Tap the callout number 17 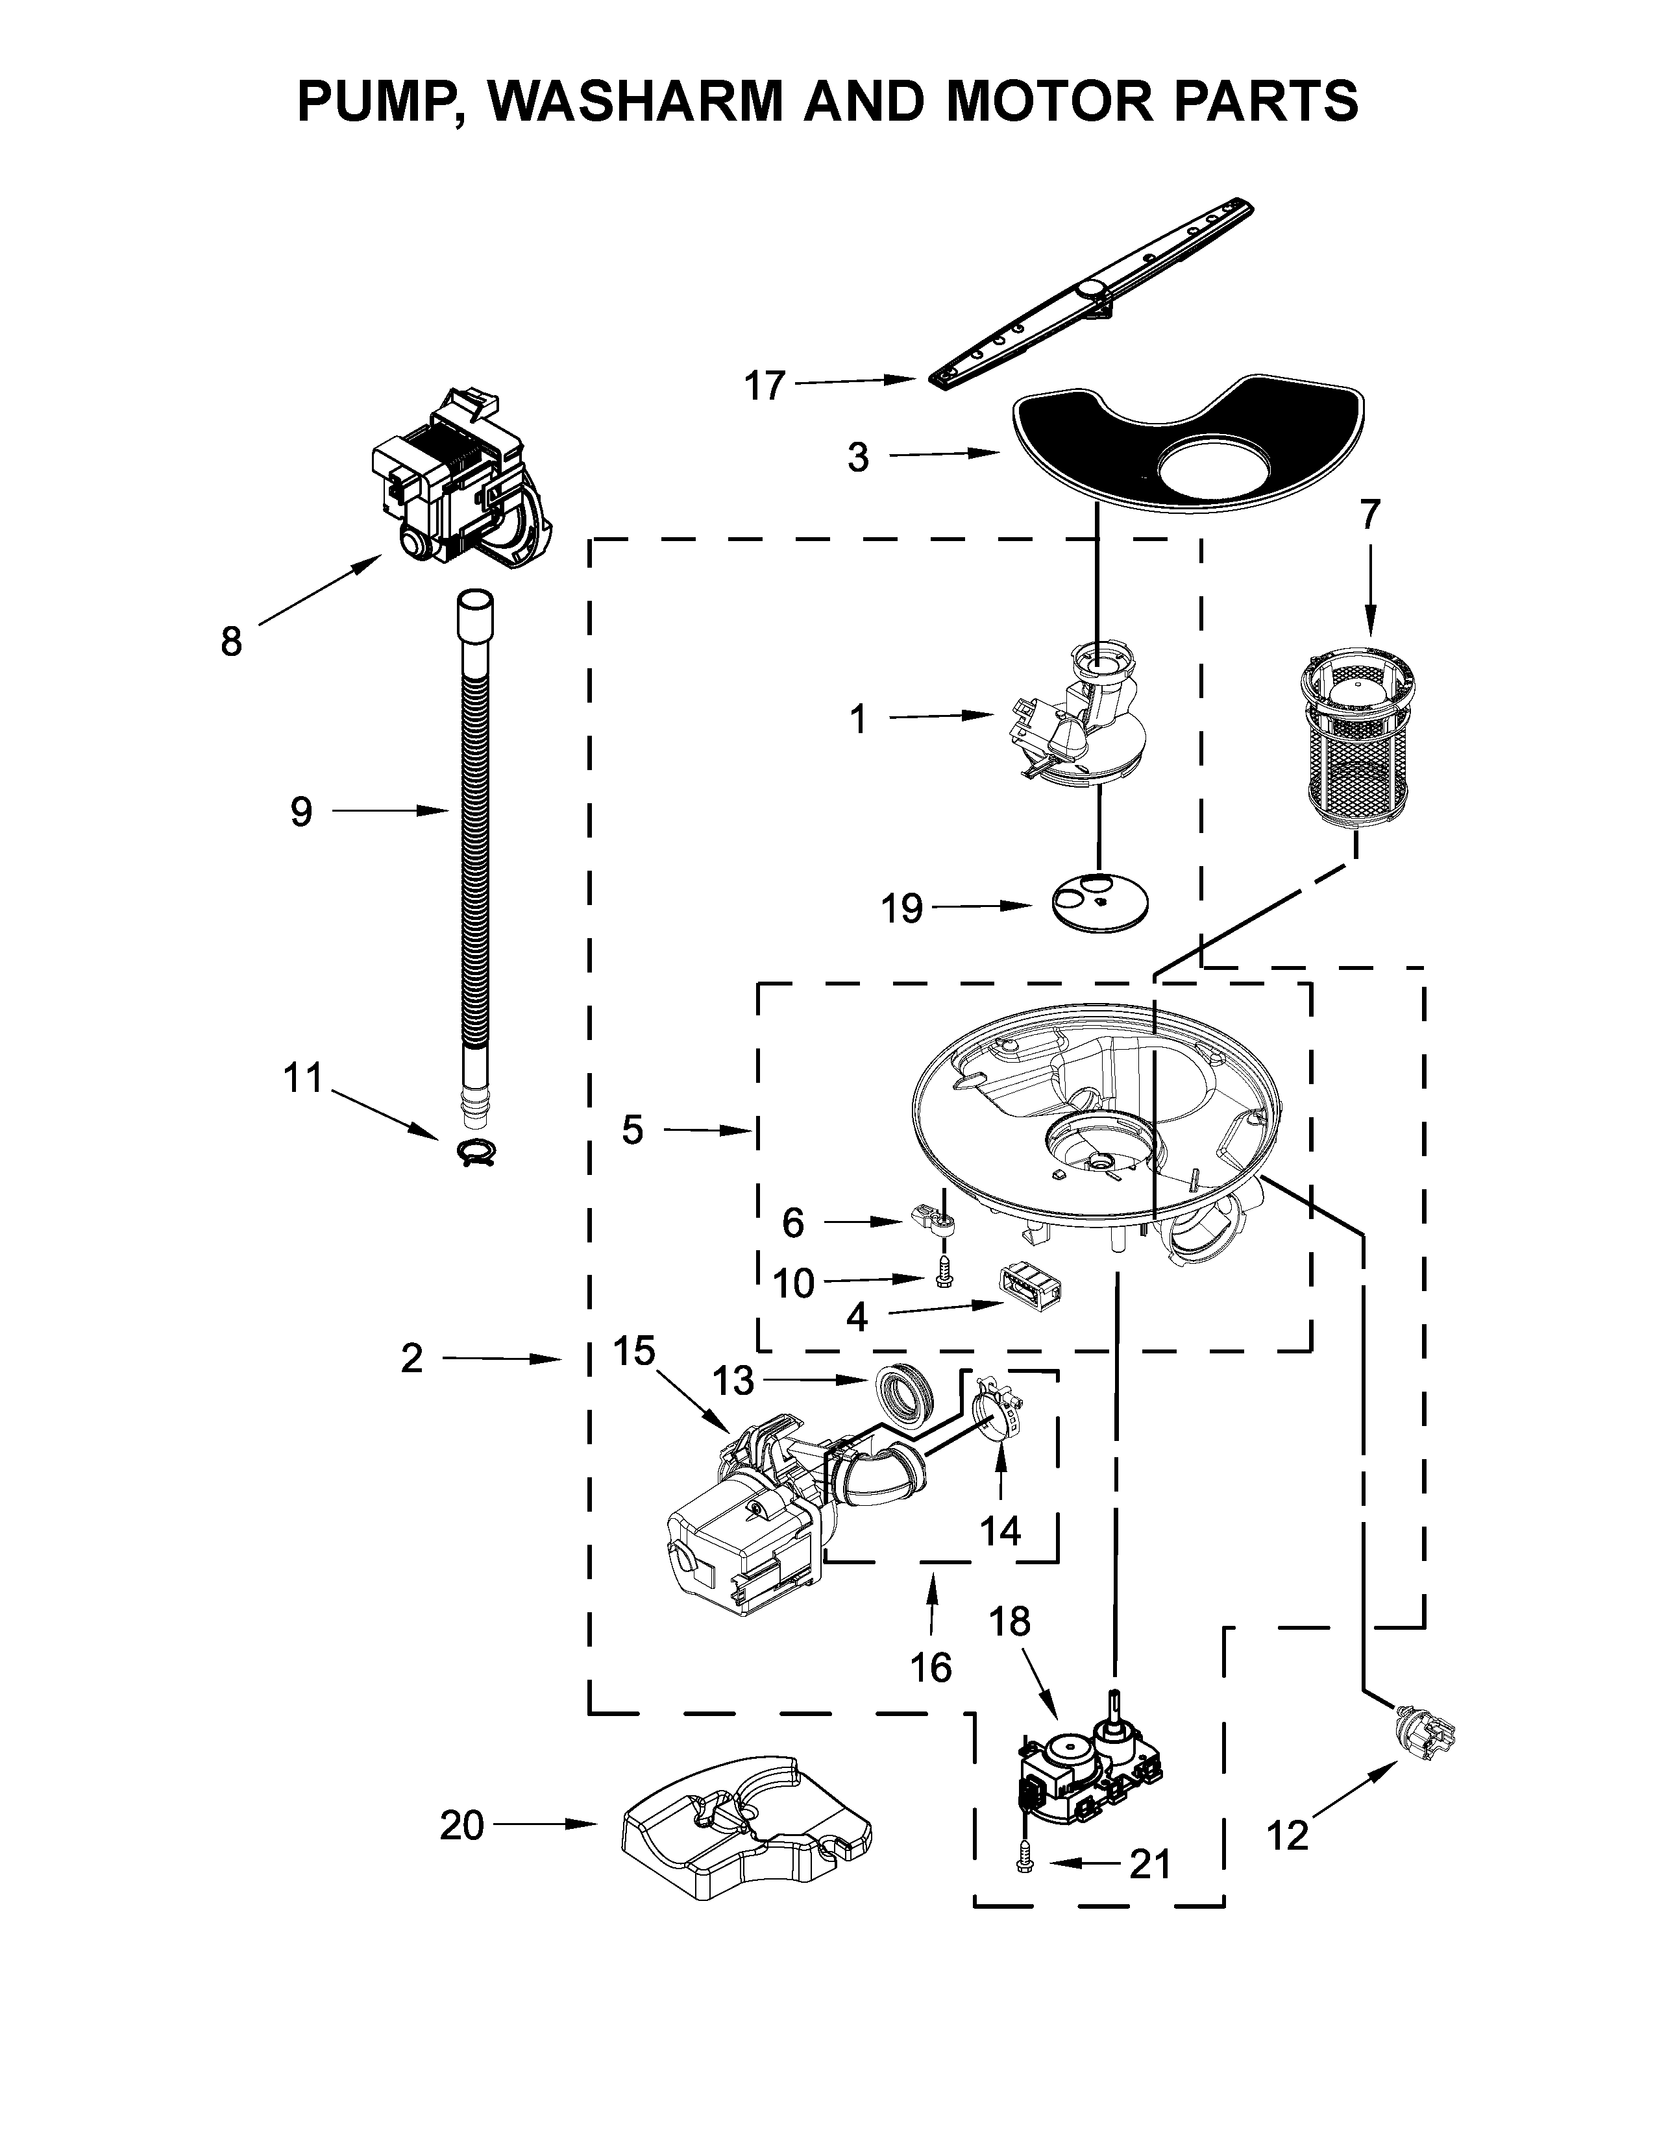click(x=765, y=385)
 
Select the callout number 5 click(x=632, y=1130)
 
